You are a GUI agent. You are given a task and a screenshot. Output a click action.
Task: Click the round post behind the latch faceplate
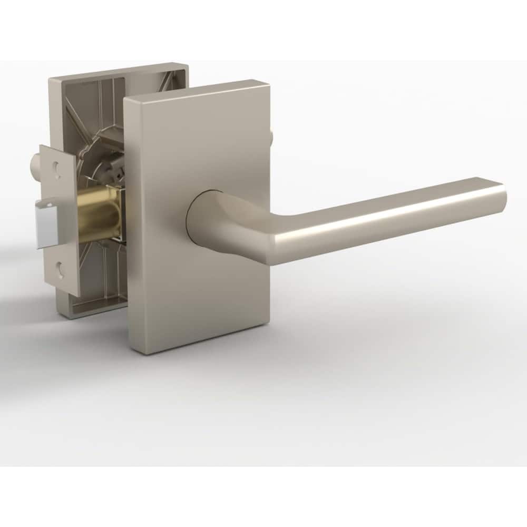tap(37, 163)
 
